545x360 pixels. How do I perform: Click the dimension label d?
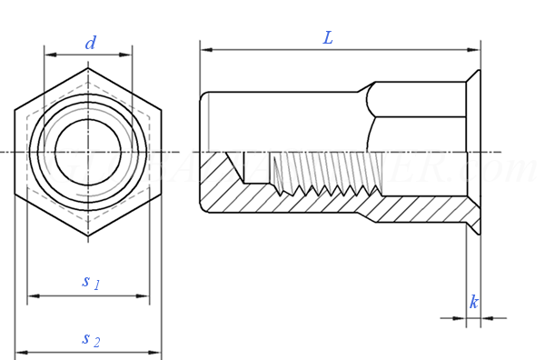(x=90, y=43)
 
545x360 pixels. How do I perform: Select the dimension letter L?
(x=328, y=37)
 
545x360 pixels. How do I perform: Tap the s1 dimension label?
(x=91, y=282)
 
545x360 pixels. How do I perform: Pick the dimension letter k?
(x=473, y=303)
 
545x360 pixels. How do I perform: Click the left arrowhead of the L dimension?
(x=205, y=50)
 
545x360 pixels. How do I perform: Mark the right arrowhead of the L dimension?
(x=473, y=50)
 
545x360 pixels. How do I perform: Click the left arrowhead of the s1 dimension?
(x=33, y=295)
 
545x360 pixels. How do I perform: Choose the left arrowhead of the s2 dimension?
(x=20, y=352)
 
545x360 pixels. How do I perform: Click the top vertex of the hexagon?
(x=88, y=68)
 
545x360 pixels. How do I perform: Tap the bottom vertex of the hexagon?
(x=88, y=236)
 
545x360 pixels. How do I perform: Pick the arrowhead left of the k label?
(x=461, y=317)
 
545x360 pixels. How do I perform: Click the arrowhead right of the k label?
(x=486, y=317)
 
